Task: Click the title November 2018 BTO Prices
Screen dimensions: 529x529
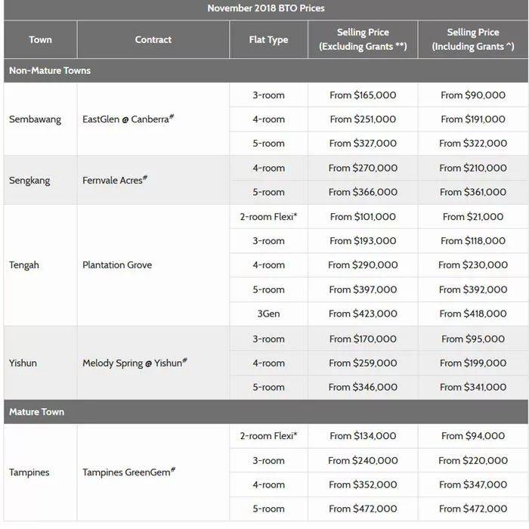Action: pyautogui.click(x=265, y=8)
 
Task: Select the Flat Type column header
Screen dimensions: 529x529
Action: pyautogui.click(x=268, y=40)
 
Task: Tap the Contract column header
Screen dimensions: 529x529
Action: pyautogui.click(x=153, y=40)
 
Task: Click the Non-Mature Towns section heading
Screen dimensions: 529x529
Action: pyautogui.click(x=50, y=70)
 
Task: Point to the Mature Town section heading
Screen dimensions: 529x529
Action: pyautogui.click(x=36, y=412)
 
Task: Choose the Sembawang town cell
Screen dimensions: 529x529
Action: pyautogui.click(x=35, y=119)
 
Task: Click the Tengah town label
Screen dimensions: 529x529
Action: pyautogui.click(x=25, y=265)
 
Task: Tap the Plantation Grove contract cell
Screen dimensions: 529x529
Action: pyautogui.click(x=117, y=265)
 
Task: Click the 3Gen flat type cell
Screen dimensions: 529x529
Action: pyautogui.click(x=268, y=314)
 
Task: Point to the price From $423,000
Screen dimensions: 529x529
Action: pyautogui.click(x=363, y=314)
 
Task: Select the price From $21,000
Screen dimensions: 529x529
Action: pyautogui.click(x=473, y=217)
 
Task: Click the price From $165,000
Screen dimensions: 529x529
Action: pyautogui.click(x=363, y=95)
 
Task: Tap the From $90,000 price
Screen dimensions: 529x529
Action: pyautogui.click(x=473, y=95)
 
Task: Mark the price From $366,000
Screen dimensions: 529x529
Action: pyautogui.click(x=363, y=192)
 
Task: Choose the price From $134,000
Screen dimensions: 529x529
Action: pyautogui.click(x=363, y=436)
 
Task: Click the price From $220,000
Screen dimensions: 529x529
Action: pyautogui.click(x=473, y=460)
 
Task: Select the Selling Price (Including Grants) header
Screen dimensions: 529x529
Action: pyautogui.click(x=473, y=39)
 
